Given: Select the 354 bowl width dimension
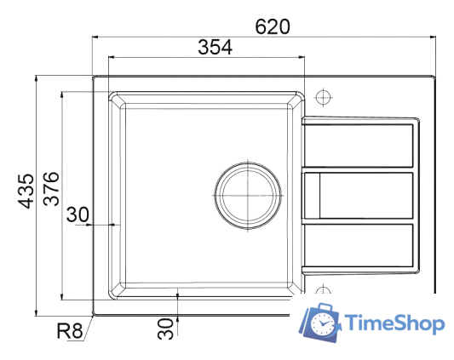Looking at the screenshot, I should tap(216, 48).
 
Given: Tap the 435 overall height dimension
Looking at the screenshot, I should tap(26, 191).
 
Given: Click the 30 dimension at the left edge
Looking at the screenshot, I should tap(78, 215).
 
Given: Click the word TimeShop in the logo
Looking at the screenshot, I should tap(394, 323).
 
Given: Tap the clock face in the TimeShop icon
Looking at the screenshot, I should tap(324, 324).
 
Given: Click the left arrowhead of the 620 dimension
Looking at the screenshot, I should tap(96, 37).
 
